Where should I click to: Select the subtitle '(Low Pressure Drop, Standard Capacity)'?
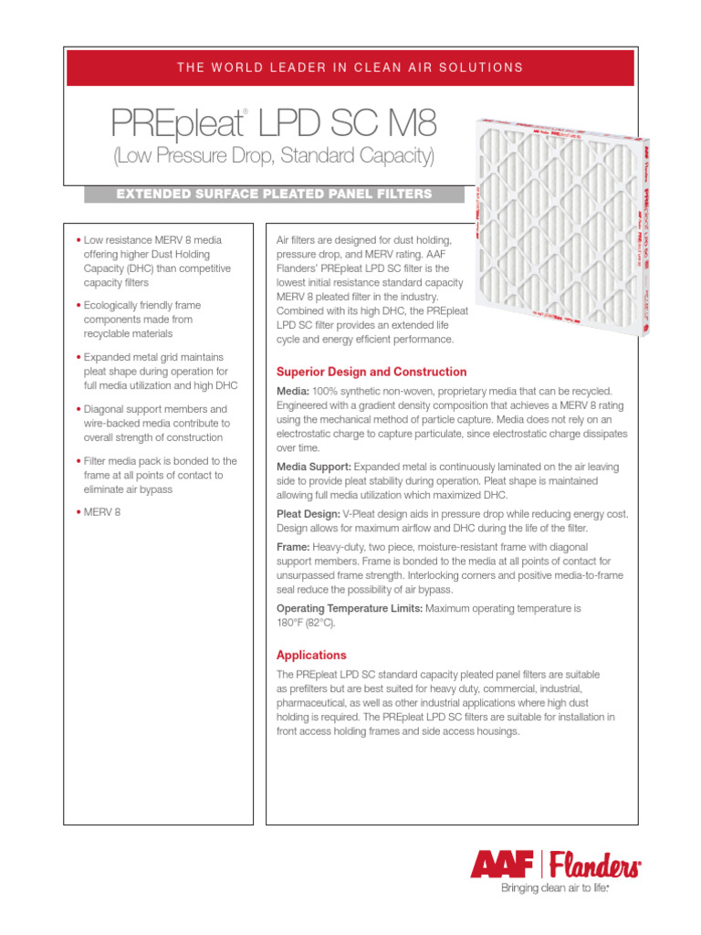(x=273, y=156)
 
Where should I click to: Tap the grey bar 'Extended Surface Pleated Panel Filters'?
(x=274, y=194)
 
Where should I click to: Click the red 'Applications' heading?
(x=311, y=655)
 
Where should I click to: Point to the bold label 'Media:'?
(x=293, y=391)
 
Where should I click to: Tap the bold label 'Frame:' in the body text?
(x=293, y=546)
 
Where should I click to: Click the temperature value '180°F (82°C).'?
(x=306, y=623)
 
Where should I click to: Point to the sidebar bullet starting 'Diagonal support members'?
(x=151, y=424)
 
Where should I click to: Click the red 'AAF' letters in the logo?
(x=504, y=863)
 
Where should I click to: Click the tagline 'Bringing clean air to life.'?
(x=553, y=887)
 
